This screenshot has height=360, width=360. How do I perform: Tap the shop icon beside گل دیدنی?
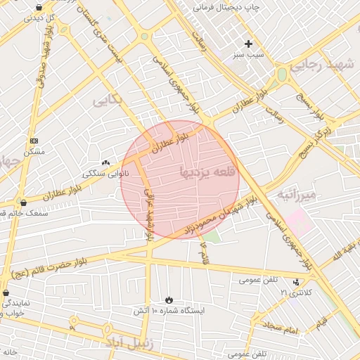(x=38, y=7)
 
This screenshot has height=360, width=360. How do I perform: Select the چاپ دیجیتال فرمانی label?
(x=226, y=7)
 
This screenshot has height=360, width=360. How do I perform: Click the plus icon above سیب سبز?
(x=248, y=44)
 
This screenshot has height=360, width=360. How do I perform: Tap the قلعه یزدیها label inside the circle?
(x=210, y=171)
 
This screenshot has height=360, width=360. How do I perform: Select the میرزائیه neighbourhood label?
(x=299, y=194)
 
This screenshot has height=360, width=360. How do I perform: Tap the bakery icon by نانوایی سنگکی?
(x=106, y=162)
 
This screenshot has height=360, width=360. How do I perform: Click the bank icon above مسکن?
(x=34, y=141)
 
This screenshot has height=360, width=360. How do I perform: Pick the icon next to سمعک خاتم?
(x=23, y=202)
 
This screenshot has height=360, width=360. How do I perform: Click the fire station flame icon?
(x=168, y=300)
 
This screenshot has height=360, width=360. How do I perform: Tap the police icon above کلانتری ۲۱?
(x=295, y=282)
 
